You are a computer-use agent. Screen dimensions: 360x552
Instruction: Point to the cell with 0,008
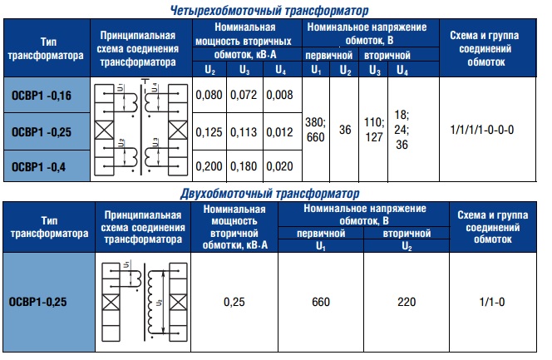pyautogui.click(x=280, y=97)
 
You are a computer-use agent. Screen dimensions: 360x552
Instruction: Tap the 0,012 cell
pyautogui.click(x=280, y=132)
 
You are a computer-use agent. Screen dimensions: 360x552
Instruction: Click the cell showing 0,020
pyautogui.click(x=280, y=166)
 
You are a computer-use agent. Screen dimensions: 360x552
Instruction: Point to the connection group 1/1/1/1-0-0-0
pyautogui.click(x=482, y=131)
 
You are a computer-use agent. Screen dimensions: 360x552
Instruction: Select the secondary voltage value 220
pyautogui.click(x=407, y=301)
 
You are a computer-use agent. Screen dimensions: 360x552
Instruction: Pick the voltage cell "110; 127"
pyautogui.click(x=374, y=131)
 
